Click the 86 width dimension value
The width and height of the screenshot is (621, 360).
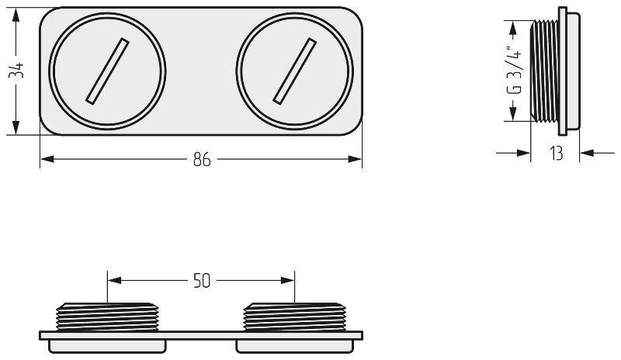(x=202, y=160)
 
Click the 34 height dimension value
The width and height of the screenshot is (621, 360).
(x=16, y=70)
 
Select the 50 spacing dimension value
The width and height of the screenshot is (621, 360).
(x=202, y=281)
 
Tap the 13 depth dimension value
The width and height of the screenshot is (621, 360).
(x=556, y=153)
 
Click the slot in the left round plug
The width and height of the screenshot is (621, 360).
(x=107, y=71)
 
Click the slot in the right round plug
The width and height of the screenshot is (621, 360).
(x=295, y=71)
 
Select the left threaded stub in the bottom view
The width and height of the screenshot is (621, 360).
(x=107, y=317)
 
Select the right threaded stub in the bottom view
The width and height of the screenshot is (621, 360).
(x=295, y=317)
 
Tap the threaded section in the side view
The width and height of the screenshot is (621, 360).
(x=545, y=71)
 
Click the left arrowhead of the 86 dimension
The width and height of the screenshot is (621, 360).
(x=47, y=159)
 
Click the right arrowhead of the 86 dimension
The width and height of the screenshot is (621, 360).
(x=355, y=159)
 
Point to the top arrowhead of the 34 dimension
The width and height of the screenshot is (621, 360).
(x=16, y=15)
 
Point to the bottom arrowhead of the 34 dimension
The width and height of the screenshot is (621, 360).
(x=16, y=127)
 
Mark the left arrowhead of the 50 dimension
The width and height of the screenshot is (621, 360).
(x=115, y=280)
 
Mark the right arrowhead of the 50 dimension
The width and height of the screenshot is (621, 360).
(x=287, y=280)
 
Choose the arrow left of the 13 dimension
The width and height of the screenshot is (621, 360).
(x=513, y=153)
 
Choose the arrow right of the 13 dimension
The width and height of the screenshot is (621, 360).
(x=597, y=153)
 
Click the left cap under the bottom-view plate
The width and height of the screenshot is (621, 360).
(x=107, y=346)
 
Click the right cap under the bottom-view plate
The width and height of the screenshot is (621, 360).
(x=295, y=346)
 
